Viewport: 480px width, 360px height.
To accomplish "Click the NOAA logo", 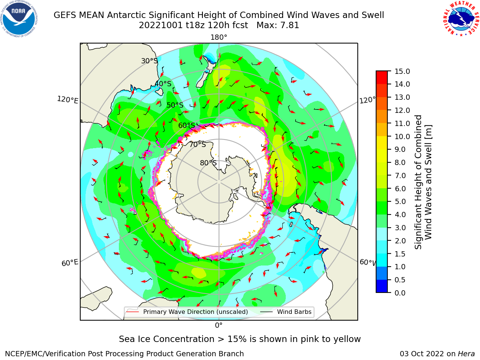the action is point(19,19).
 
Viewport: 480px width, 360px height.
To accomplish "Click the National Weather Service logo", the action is point(461,19).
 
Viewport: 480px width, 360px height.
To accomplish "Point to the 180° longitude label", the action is point(219,37).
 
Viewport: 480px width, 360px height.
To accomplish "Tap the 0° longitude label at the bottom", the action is point(219,325).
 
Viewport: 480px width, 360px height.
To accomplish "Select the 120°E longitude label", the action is point(67,100).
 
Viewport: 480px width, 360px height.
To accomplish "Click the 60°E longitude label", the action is point(70,263).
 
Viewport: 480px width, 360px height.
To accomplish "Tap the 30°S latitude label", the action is point(149,61).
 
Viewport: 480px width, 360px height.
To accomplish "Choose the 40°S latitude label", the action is point(163,84).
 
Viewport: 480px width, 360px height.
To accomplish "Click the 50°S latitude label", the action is point(175,105).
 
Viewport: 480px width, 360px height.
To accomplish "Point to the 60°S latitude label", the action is point(186,125).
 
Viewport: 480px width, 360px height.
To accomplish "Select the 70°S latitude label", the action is point(198,144).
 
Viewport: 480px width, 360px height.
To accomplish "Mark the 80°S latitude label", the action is point(208,163).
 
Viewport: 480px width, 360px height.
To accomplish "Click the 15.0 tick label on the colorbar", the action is point(402,71).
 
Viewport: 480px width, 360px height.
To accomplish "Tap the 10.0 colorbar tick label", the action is point(402,136).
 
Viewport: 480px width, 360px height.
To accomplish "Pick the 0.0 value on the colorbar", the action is point(400,293).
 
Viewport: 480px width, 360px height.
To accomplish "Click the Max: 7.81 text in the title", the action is point(278,25).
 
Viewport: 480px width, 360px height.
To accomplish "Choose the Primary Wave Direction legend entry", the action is point(187,312).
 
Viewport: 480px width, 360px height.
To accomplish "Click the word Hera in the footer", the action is point(466,354).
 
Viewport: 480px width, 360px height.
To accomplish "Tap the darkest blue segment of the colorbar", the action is point(382,286).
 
